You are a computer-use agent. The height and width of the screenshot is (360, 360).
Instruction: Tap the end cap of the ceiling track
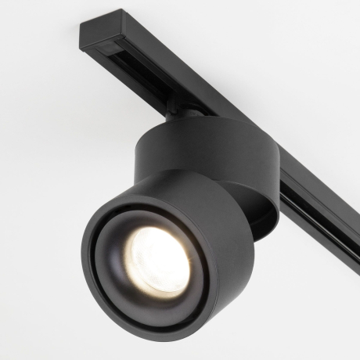pos(90,36)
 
